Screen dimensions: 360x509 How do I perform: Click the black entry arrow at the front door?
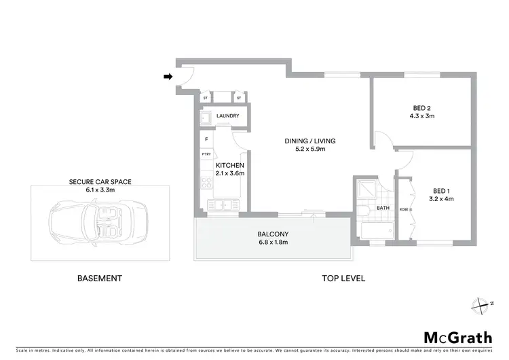point(168,77)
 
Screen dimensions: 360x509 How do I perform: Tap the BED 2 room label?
point(423,107)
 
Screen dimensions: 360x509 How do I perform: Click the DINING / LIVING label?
point(309,141)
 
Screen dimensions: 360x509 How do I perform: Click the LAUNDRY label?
point(227,116)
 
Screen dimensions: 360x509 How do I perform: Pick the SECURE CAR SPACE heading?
point(100,182)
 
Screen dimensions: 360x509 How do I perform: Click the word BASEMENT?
point(99,278)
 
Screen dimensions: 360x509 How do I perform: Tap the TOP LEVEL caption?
point(343,278)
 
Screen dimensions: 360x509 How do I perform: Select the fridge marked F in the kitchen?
point(206,140)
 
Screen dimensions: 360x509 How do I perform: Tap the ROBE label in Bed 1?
point(403,209)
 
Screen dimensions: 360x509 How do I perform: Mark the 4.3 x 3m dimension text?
point(423,116)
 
